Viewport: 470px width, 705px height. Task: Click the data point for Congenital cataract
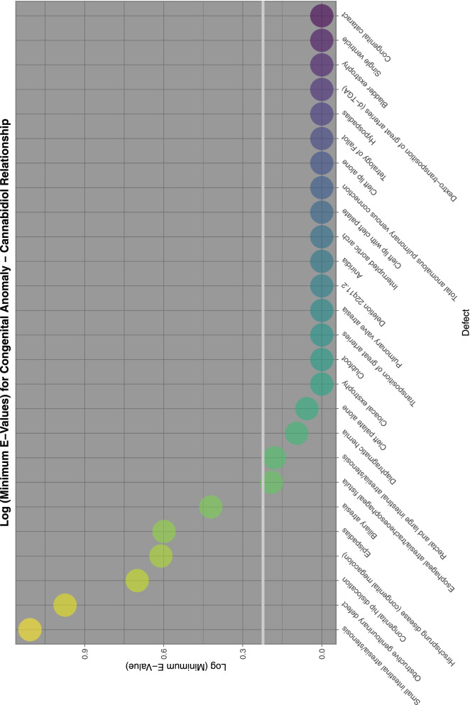[x=322, y=15]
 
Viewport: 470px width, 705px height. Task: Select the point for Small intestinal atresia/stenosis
[x=30, y=630]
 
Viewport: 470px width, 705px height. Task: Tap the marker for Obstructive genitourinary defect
[x=65, y=606]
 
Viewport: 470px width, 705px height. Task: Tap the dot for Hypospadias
[x=322, y=114]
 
